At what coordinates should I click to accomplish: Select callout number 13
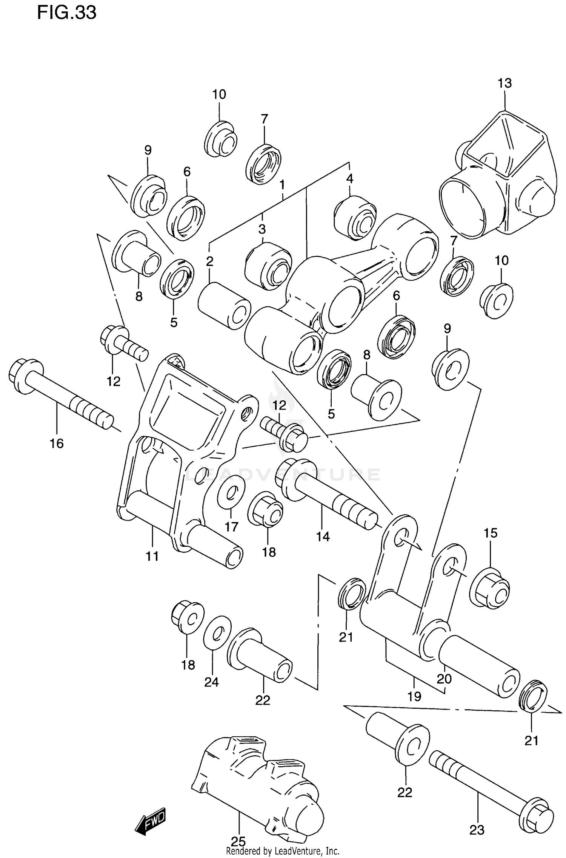pos(504,83)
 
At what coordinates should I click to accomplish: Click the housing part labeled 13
pos(498,178)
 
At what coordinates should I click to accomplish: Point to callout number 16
pos(57,443)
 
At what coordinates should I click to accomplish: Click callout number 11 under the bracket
pos(152,556)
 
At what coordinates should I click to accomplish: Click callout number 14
pos(323,536)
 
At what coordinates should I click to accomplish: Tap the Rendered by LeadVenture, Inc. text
pos(283,851)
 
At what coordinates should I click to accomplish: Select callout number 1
pos(282,185)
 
